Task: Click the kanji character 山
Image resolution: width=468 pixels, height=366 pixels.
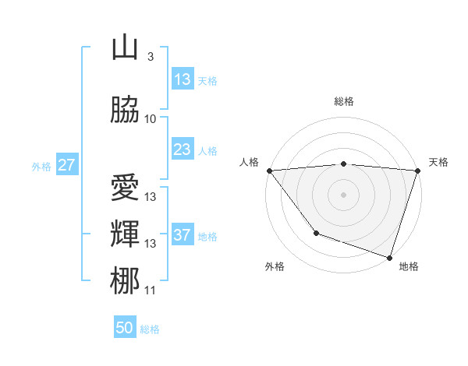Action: click(x=126, y=49)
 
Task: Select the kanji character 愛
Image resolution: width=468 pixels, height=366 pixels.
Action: click(x=126, y=187)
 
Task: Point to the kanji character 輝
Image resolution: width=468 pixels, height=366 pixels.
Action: click(x=126, y=234)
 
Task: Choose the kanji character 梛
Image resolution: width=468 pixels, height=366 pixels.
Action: click(x=126, y=280)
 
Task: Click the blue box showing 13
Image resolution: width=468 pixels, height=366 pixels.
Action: click(x=182, y=79)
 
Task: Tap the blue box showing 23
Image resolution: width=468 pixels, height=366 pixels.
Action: click(x=182, y=150)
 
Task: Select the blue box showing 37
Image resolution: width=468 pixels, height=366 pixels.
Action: click(x=182, y=235)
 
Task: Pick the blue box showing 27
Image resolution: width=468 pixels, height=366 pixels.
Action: click(x=66, y=165)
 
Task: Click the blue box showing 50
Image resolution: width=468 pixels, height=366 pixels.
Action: click(x=125, y=328)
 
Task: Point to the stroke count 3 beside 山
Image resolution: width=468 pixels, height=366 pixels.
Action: click(x=150, y=57)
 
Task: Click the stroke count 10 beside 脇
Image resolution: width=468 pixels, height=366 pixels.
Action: click(x=151, y=118)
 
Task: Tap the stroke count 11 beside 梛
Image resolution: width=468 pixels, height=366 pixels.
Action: click(x=151, y=290)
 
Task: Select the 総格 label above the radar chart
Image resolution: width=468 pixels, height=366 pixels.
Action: click(x=344, y=101)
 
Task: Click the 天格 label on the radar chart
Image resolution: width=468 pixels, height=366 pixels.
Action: click(x=438, y=162)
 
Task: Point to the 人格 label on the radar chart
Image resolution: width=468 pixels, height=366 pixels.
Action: click(x=250, y=162)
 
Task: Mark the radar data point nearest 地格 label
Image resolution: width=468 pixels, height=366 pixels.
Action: click(x=389, y=257)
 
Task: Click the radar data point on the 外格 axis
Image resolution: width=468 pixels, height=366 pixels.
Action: click(x=316, y=233)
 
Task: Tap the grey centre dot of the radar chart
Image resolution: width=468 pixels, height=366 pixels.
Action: click(x=344, y=195)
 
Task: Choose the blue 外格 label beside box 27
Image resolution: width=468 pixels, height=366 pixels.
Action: click(x=41, y=166)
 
